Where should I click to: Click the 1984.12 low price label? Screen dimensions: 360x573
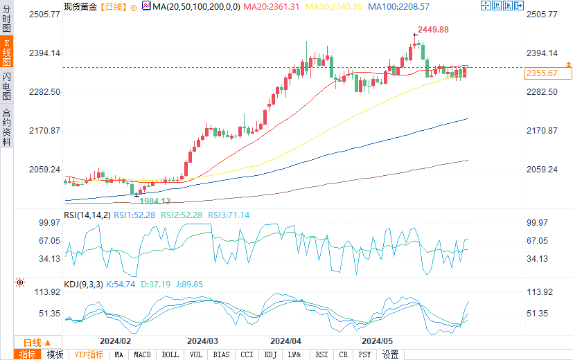155,201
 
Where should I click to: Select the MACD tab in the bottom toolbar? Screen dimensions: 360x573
142,354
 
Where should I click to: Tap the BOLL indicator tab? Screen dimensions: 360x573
170,354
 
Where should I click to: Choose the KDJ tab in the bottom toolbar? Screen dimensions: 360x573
270,354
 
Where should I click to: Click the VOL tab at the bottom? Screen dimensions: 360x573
196,354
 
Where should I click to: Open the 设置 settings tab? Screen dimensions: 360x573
390,354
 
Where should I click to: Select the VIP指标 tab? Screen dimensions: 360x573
89,354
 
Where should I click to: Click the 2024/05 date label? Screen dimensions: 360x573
378,341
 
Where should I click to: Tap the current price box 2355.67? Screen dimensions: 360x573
542,73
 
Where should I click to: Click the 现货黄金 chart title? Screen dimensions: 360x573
80,6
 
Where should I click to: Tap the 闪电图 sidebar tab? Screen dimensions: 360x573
6,85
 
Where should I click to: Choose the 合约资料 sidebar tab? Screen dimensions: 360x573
6,127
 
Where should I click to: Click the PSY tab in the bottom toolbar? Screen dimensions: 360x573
364,354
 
